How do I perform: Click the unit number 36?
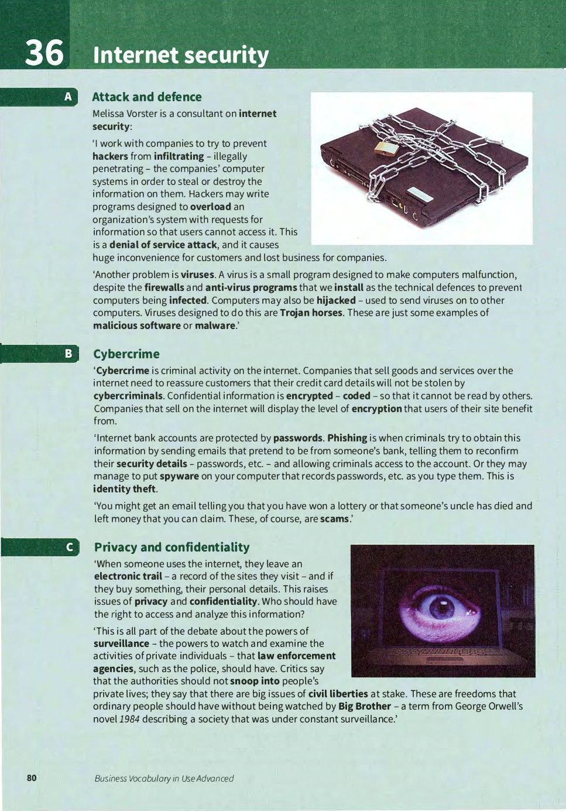pyautogui.click(x=44, y=53)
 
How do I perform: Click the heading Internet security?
pyautogui.click(x=181, y=55)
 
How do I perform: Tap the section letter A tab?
pyautogui.click(x=68, y=97)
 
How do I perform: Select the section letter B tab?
pyautogui.click(x=68, y=353)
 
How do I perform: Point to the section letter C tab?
pyautogui.click(x=69, y=547)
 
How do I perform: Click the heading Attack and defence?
pyautogui.click(x=146, y=97)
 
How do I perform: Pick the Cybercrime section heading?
pyautogui.click(x=126, y=354)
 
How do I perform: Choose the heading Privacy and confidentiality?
pyautogui.click(x=171, y=547)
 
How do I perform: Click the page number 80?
pyautogui.click(x=32, y=778)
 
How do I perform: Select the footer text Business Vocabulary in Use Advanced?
pyautogui.click(x=164, y=778)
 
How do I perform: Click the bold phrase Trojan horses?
pyautogui.click(x=311, y=313)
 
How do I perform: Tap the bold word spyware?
pyautogui.click(x=179, y=476)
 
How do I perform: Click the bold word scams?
pyautogui.click(x=334, y=518)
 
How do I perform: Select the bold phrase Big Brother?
pyautogui.click(x=364, y=706)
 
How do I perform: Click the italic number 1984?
pyautogui.click(x=129, y=719)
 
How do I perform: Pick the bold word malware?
pyautogui.click(x=215, y=326)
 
